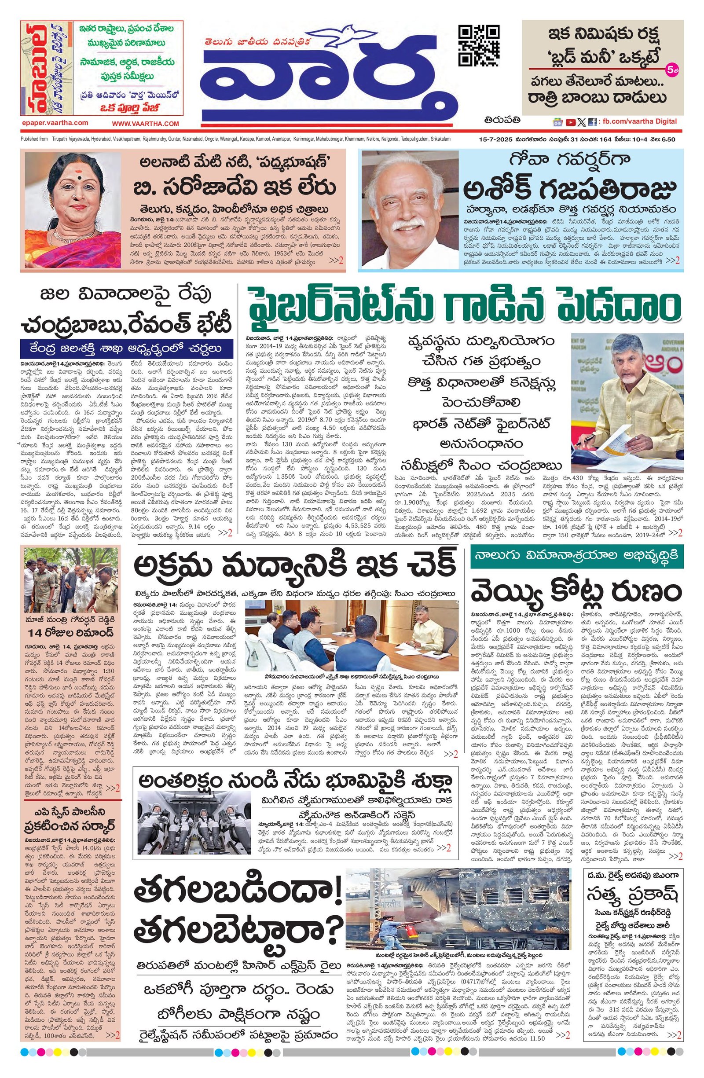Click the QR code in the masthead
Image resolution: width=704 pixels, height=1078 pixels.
point(479,46)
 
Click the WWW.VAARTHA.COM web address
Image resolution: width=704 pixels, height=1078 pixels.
point(146,123)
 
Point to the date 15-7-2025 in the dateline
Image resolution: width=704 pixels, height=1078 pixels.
point(497,139)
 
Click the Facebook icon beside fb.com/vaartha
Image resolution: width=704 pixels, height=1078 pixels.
point(592,122)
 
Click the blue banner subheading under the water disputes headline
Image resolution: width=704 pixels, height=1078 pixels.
point(124,348)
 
